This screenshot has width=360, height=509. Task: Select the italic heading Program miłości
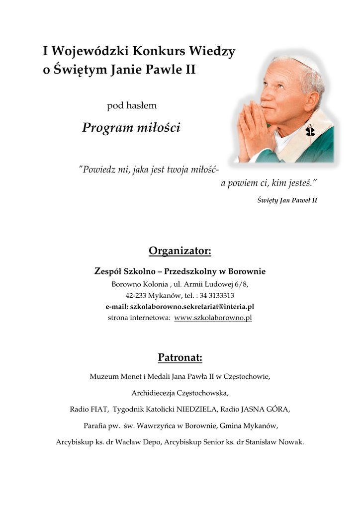coord(131,128)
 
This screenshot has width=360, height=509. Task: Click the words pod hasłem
coord(132,105)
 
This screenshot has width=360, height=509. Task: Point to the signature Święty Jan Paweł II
coord(287,200)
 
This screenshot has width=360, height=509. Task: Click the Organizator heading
coord(180,251)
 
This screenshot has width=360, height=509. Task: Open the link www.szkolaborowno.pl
coord(213,318)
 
